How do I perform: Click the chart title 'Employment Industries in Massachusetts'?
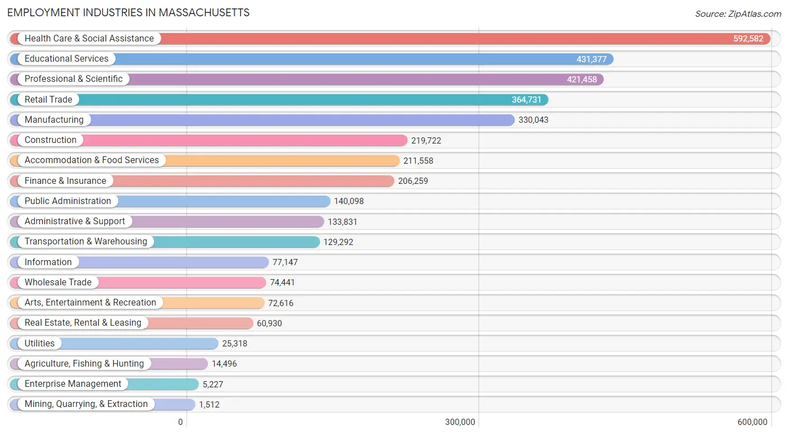[x=128, y=12]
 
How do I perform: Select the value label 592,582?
[x=748, y=39]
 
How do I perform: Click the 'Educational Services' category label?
[x=66, y=59]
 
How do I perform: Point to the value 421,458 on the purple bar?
[x=582, y=80]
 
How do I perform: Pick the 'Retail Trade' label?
[x=48, y=100]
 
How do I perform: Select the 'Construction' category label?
[x=50, y=140]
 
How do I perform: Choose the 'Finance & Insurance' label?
[x=65, y=181]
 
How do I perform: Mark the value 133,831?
[x=342, y=222]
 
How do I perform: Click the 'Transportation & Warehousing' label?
[x=86, y=242]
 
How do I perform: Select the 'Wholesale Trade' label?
[x=58, y=283]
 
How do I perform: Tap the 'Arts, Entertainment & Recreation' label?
[x=90, y=303]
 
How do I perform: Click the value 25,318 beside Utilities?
[x=234, y=344]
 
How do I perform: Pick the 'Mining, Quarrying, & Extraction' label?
[x=86, y=404]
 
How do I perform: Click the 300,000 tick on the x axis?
[x=460, y=422]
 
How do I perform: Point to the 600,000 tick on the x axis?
[x=752, y=422]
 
